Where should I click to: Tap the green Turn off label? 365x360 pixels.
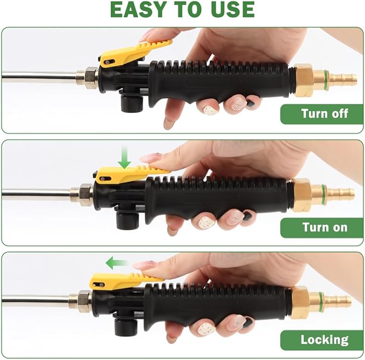(x=321, y=114)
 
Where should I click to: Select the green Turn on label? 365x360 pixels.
(x=321, y=228)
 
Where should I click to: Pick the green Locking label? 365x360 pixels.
(x=321, y=340)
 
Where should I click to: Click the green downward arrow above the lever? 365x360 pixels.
(x=125, y=157)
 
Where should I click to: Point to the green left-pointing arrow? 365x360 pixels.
(x=117, y=263)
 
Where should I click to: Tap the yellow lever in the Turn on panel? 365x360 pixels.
(x=130, y=175)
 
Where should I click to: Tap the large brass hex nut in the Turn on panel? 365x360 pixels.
(x=302, y=195)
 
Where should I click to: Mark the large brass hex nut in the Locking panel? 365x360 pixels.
(x=299, y=302)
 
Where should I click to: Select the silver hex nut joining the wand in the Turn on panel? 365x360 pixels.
(x=87, y=195)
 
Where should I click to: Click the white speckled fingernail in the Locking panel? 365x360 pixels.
(x=205, y=329)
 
